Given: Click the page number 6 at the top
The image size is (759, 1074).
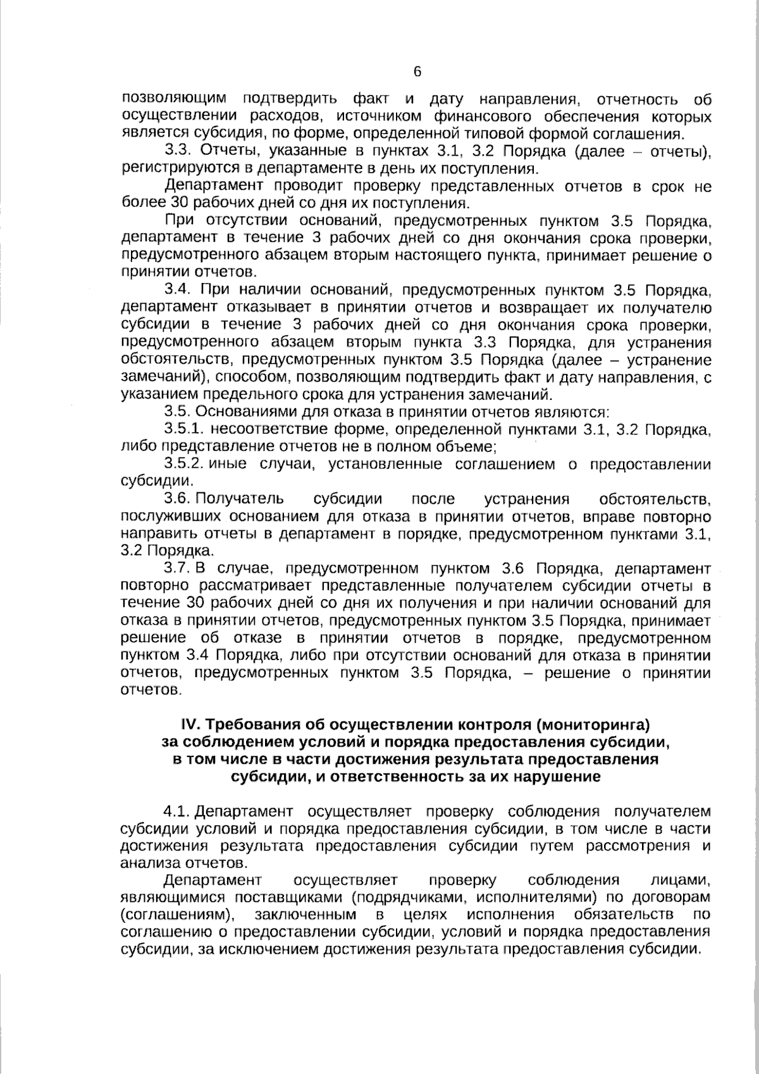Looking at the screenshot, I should pyautogui.click(x=417, y=72).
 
